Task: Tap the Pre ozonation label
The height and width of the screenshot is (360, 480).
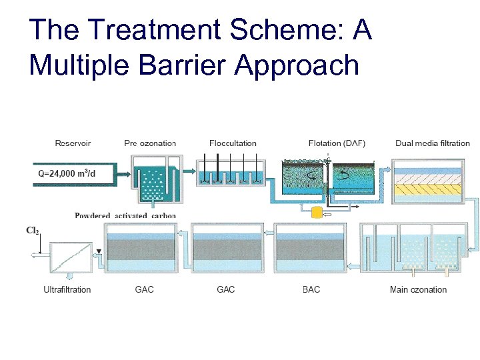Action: [x=150, y=143]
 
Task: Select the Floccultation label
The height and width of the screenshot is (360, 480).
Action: [x=233, y=143]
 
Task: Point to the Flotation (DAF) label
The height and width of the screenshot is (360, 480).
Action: [x=337, y=143]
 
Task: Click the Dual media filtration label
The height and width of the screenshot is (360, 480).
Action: [x=432, y=143]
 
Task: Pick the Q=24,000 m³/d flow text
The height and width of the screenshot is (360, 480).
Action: [x=67, y=173]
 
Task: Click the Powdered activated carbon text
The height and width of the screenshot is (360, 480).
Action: [x=125, y=215]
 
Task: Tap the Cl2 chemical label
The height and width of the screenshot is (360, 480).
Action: [x=31, y=231]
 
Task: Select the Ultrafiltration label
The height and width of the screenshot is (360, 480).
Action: [x=67, y=289]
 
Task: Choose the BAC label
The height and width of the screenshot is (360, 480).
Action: [x=311, y=289]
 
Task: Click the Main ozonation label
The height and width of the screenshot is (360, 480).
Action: [x=418, y=289]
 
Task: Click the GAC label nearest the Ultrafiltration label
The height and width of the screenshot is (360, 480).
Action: [x=145, y=289]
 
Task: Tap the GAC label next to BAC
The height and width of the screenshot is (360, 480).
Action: [x=227, y=289]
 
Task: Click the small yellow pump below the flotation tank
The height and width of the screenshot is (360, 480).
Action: [x=317, y=211]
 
